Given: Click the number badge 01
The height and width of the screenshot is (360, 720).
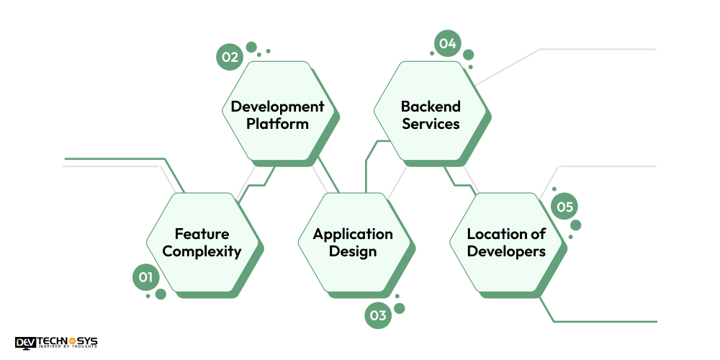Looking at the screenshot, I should (146, 277).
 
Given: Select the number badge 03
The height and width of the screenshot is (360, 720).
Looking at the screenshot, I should (378, 315).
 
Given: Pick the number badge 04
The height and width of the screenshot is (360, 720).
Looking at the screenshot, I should (448, 44).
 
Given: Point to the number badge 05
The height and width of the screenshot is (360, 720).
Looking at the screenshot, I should (564, 208).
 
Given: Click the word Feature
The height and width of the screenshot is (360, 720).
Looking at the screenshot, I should (202, 234).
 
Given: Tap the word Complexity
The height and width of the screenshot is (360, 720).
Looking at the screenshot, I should (202, 251).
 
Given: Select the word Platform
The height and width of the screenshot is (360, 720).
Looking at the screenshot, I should (277, 124).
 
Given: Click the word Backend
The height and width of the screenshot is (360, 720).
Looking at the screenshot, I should (431, 107).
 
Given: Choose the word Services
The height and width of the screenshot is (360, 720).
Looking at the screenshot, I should (431, 124).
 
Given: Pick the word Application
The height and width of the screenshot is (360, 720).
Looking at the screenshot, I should (353, 234).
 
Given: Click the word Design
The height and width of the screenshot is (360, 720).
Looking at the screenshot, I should (353, 251).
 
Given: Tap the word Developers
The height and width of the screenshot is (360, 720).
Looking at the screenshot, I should (506, 251).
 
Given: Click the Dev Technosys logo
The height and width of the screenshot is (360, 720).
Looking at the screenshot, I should (56, 343).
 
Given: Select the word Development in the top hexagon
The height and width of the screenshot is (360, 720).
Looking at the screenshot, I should (277, 107).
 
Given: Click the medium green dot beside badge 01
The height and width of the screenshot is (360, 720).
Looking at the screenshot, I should (161, 294).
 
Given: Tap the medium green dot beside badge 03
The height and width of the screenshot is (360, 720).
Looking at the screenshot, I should (400, 308).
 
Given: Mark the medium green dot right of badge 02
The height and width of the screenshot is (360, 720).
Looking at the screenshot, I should (251, 48).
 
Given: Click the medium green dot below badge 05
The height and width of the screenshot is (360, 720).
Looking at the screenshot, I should (575, 225).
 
